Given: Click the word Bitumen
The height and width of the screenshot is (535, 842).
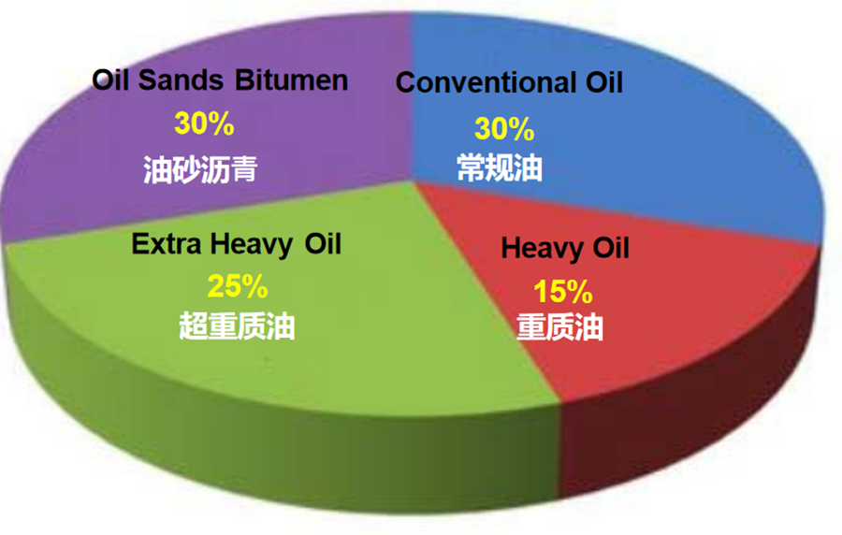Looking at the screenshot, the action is pos(292,80).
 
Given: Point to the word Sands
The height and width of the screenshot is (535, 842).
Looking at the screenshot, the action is pos(181,80).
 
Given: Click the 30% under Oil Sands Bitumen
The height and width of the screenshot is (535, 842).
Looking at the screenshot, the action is pos(204,123).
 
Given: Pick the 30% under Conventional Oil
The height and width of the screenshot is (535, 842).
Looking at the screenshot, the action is pos(504,129).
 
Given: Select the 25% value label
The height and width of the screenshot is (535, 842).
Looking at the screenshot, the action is pos(238,286).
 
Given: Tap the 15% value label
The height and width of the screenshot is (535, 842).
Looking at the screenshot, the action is pos(563,292).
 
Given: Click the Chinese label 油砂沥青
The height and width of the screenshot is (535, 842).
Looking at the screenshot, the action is pos(200,169).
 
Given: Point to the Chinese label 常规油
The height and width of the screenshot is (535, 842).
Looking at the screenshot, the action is pos(500,167).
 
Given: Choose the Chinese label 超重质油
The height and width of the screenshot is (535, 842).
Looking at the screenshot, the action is pos(237,325).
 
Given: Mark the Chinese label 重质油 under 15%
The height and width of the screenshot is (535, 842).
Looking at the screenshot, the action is pos(559,326).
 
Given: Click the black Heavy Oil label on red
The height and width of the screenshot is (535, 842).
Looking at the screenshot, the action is pos(565,249).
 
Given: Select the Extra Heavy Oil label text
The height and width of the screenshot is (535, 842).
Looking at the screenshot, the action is pos(237,245).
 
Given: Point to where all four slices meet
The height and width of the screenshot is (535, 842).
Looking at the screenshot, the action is pos(413,181).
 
